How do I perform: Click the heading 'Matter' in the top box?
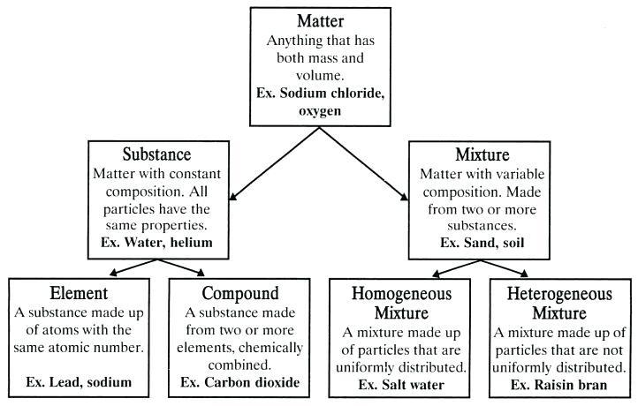[x=318, y=21]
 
